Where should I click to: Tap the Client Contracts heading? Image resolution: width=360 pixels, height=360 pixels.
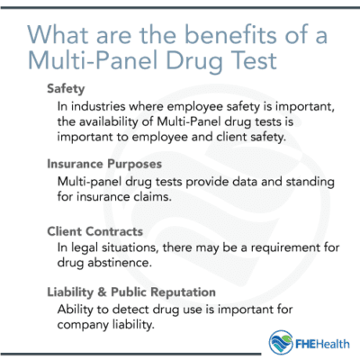point(96,231)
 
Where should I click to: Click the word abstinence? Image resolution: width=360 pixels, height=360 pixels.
point(130,264)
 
